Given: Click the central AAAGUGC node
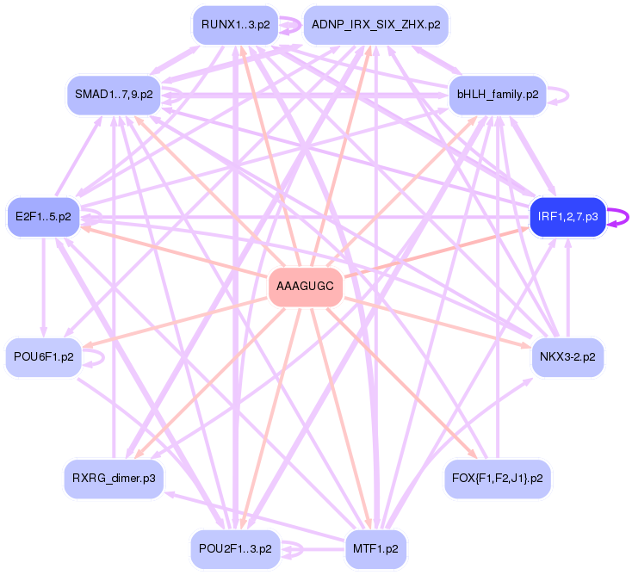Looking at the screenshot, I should [306, 287].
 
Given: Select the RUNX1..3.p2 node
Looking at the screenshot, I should [235, 25].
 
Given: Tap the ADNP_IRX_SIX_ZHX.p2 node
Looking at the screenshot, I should [376, 25].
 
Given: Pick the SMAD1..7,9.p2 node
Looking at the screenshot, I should [114, 95].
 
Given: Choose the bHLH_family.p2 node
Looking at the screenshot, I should [498, 95].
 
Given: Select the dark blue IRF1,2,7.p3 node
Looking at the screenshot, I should [567, 216].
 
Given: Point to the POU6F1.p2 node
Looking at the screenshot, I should [43, 356].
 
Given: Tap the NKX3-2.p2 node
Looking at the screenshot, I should [567, 356].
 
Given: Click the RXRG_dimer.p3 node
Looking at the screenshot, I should [114, 478].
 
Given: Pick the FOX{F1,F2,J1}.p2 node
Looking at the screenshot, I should [497, 478].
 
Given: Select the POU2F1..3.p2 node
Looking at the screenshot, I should [235, 548].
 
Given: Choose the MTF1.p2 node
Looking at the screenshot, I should [375, 548].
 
